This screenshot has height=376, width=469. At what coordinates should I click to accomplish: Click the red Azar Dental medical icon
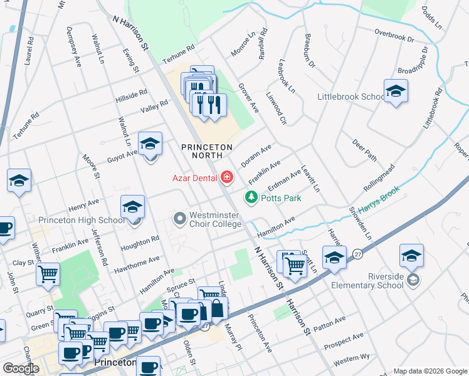pos(226,178)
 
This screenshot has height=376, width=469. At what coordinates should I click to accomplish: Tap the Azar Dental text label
pos(194,178)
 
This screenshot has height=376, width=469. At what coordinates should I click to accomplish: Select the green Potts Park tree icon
pos(251,198)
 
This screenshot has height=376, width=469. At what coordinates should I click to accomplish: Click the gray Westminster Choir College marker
pos(180,219)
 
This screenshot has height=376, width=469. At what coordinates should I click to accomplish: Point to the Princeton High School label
pos(82,220)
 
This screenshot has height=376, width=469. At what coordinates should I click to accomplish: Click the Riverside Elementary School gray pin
pos(412,279)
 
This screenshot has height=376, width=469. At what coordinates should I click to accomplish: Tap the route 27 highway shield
pos(357,253)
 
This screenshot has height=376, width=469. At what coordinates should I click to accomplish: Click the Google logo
pos(20,368)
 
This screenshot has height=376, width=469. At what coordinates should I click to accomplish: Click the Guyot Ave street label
pos(122,152)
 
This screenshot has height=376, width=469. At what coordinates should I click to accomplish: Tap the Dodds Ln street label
pos(431,18)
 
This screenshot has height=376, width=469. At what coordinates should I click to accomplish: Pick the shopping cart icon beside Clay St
pos(48,273)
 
